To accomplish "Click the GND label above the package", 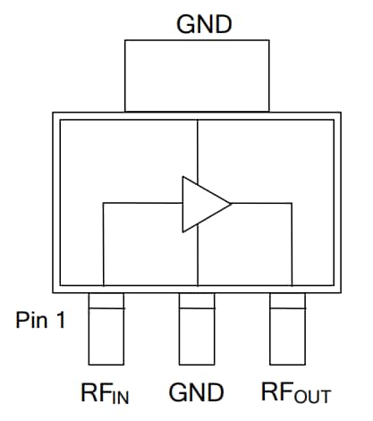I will (x=205, y=24).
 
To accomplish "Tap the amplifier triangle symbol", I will (x=202, y=203).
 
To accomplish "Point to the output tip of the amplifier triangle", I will (x=231, y=203).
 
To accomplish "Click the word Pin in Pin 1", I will (x=33, y=321).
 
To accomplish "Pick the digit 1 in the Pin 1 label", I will (x=60, y=321).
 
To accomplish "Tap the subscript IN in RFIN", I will (x=120, y=395).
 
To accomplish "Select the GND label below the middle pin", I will (x=195, y=392).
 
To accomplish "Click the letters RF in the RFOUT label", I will (x=276, y=392).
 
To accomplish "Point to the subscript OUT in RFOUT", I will (x=312, y=395).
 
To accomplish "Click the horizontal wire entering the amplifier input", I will (x=143, y=204).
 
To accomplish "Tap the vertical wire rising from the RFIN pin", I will (x=105, y=241).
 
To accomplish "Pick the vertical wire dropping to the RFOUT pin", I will (x=292, y=241).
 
